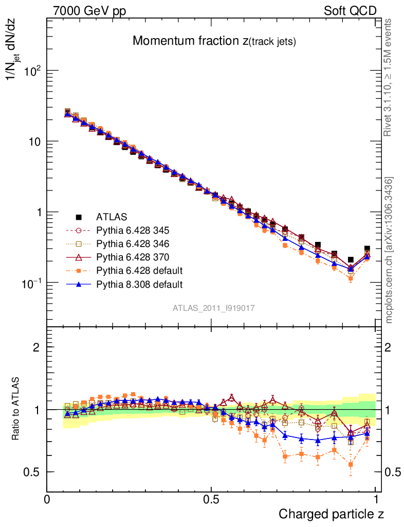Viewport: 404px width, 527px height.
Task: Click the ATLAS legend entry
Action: pos(111,217)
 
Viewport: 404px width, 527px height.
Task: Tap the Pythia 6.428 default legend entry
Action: pos(140,270)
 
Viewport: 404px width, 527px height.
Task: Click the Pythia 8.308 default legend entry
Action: pos(140,284)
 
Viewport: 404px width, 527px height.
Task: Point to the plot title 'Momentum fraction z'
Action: pos(214,42)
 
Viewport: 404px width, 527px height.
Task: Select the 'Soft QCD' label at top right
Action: pos(350,11)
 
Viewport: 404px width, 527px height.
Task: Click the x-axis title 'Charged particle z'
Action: pos(331,514)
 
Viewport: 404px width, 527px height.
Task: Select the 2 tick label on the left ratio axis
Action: pos(36,347)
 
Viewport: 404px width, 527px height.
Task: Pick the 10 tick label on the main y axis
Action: pos(33,142)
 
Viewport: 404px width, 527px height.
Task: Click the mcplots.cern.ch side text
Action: pos(390,251)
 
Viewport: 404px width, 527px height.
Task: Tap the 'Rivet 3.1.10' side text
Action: pos(389,78)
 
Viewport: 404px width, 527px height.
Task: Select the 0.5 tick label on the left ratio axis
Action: pos(32,472)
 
